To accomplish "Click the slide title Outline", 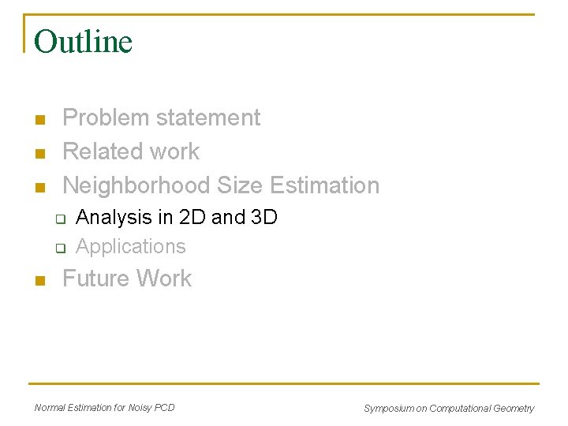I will coord(83,42).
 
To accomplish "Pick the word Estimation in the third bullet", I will coord(324,185).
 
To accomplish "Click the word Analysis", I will coord(112,218).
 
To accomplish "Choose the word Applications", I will coord(131,247).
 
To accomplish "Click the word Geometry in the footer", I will coord(513,409).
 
